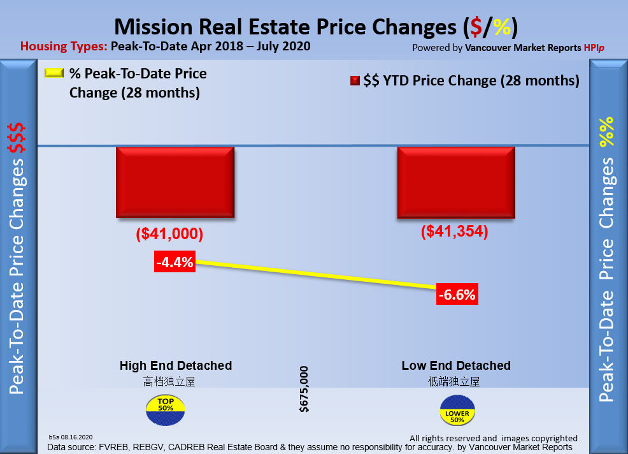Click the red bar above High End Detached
click(175, 182)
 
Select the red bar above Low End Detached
click(455, 182)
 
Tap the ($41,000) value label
click(169, 234)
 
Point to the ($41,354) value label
click(454, 231)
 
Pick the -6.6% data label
click(457, 295)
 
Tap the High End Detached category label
click(176, 365)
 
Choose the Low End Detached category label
click(456, 365)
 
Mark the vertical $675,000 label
click(304, 389)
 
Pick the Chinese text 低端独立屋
click(453, 381)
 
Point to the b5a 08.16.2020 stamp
click(71, 438)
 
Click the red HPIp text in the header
click(594, 47)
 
